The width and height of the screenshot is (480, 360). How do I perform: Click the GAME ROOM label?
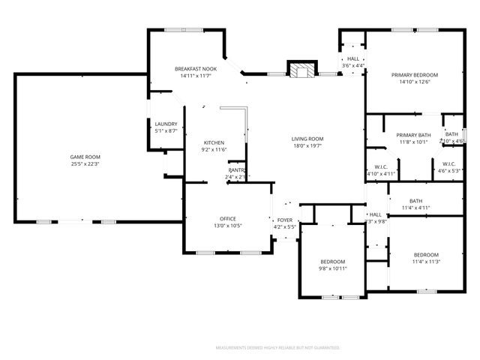tap(85, 156)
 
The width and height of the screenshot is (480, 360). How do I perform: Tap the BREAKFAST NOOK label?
tap(195, 69)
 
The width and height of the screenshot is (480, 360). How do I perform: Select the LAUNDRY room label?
tap(166, 124)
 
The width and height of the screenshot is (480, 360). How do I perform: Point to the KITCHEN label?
tap(214, 142)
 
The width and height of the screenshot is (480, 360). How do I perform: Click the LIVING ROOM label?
tap(307, 139)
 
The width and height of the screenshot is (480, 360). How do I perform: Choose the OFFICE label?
tap(228, 218)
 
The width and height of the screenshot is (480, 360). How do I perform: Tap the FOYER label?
tap(285, 220)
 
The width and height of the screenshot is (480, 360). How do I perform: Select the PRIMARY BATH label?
tap(412, 134)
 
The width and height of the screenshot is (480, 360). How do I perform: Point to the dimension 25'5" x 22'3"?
tap(85, 163)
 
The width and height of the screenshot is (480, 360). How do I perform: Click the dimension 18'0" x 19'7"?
tap(307, 146)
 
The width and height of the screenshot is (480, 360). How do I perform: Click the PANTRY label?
tap(238, 170)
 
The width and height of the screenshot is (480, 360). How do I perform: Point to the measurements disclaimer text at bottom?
tap(277, 348)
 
